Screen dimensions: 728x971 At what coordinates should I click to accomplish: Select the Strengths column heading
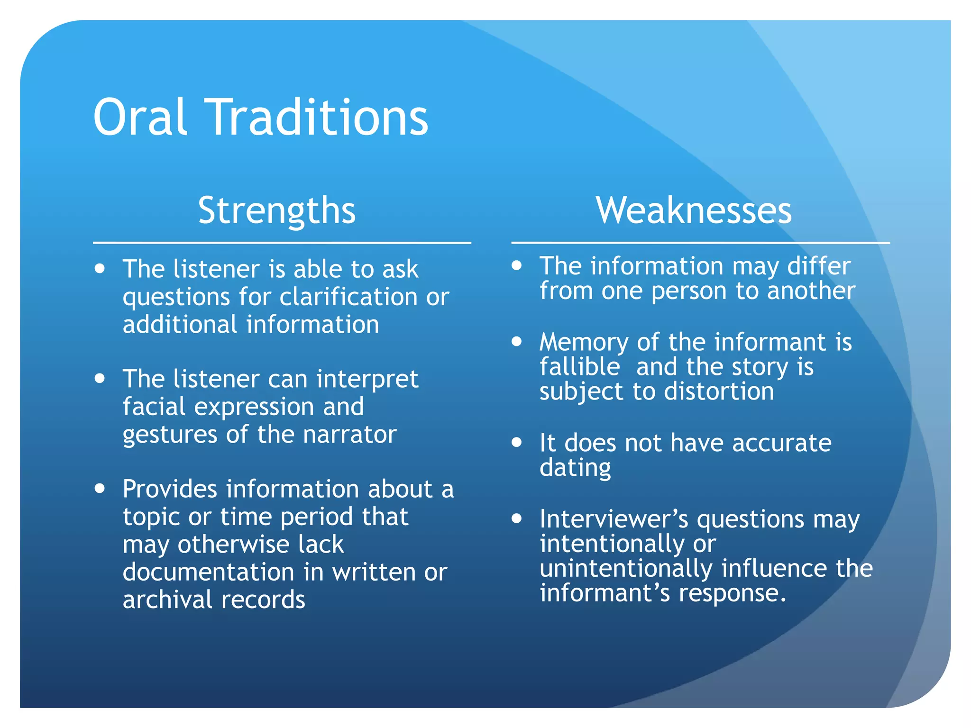click(x=277, y=210)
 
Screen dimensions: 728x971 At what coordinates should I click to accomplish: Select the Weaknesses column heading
click(x=694, y=210)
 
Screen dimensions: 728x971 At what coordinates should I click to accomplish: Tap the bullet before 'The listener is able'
click(x=100, y=269)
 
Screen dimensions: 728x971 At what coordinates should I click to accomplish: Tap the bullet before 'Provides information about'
click(x=100, y=488)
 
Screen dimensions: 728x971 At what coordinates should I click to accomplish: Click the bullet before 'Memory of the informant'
click(x=517, y=341)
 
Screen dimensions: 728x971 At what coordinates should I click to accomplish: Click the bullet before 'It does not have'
click(x=517, y=442)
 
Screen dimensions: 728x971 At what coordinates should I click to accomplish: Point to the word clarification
click(x=348, y=297)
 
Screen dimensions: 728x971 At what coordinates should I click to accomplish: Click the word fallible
click(x=580, y=367)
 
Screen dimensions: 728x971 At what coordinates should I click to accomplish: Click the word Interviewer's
click(x=614, y=519)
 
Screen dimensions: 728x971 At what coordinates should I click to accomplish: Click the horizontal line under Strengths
click(x=282, y=243)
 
